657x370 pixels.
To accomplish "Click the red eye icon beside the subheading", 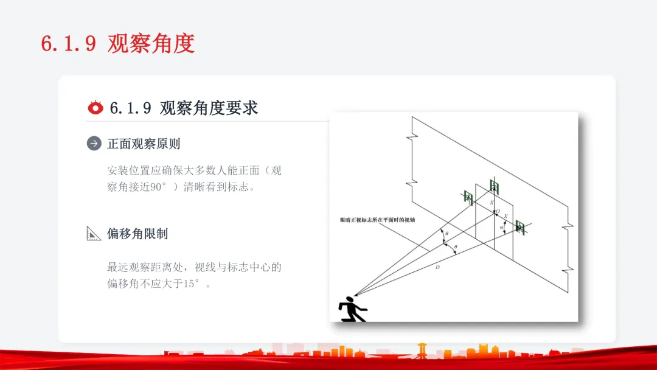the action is (96, 108).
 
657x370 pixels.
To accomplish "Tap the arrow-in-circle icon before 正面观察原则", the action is (94, 144).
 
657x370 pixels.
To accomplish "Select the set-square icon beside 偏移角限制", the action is (94, 234).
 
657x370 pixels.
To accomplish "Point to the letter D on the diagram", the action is (437, 268).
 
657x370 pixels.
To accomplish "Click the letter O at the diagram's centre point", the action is (498, 212).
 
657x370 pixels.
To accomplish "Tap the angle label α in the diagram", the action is (501, 227).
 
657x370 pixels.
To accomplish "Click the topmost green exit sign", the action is (494, 186).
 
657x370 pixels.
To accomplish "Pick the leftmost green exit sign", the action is (468, 197).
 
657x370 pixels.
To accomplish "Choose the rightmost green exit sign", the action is (520, 227).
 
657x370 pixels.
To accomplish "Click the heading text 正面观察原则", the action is (144, 144).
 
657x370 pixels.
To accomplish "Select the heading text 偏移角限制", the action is (137, 234).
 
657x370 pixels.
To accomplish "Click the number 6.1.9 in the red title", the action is (68, 44).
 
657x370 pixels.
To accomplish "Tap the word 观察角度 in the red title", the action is (151, 44).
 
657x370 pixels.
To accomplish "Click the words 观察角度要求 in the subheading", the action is (209, 108).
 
